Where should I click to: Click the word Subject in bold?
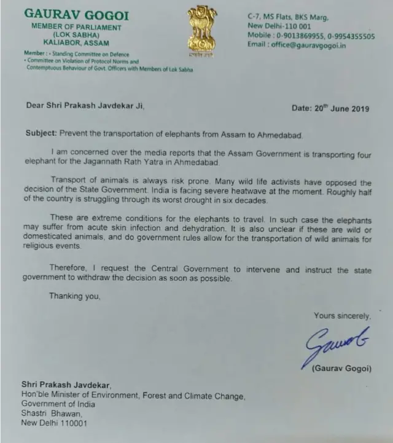[41, 133]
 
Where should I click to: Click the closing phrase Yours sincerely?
[342, 316]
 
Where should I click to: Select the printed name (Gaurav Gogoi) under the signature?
[342, 369]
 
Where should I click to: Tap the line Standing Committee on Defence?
[78, 54]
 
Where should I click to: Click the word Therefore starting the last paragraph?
[70, 270]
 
